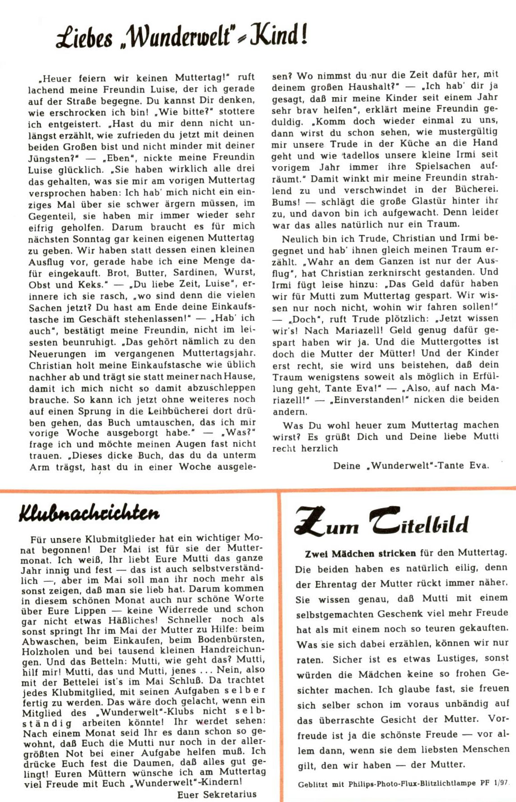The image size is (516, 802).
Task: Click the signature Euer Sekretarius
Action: coord(217,794)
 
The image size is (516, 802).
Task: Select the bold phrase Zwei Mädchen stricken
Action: coord(360,553)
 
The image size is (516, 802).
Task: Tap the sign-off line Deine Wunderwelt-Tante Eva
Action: coord(411,465)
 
